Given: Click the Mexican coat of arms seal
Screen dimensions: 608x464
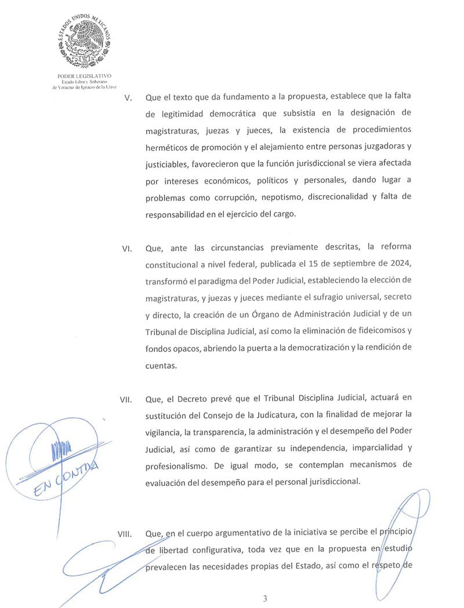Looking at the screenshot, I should pos(84,42).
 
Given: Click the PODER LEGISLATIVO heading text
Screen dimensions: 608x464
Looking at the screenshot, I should pos(84,76).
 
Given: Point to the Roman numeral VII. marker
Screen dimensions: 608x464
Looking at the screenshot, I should pos(126,400).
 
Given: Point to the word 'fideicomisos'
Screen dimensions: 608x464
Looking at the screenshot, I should pos(376,331).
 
